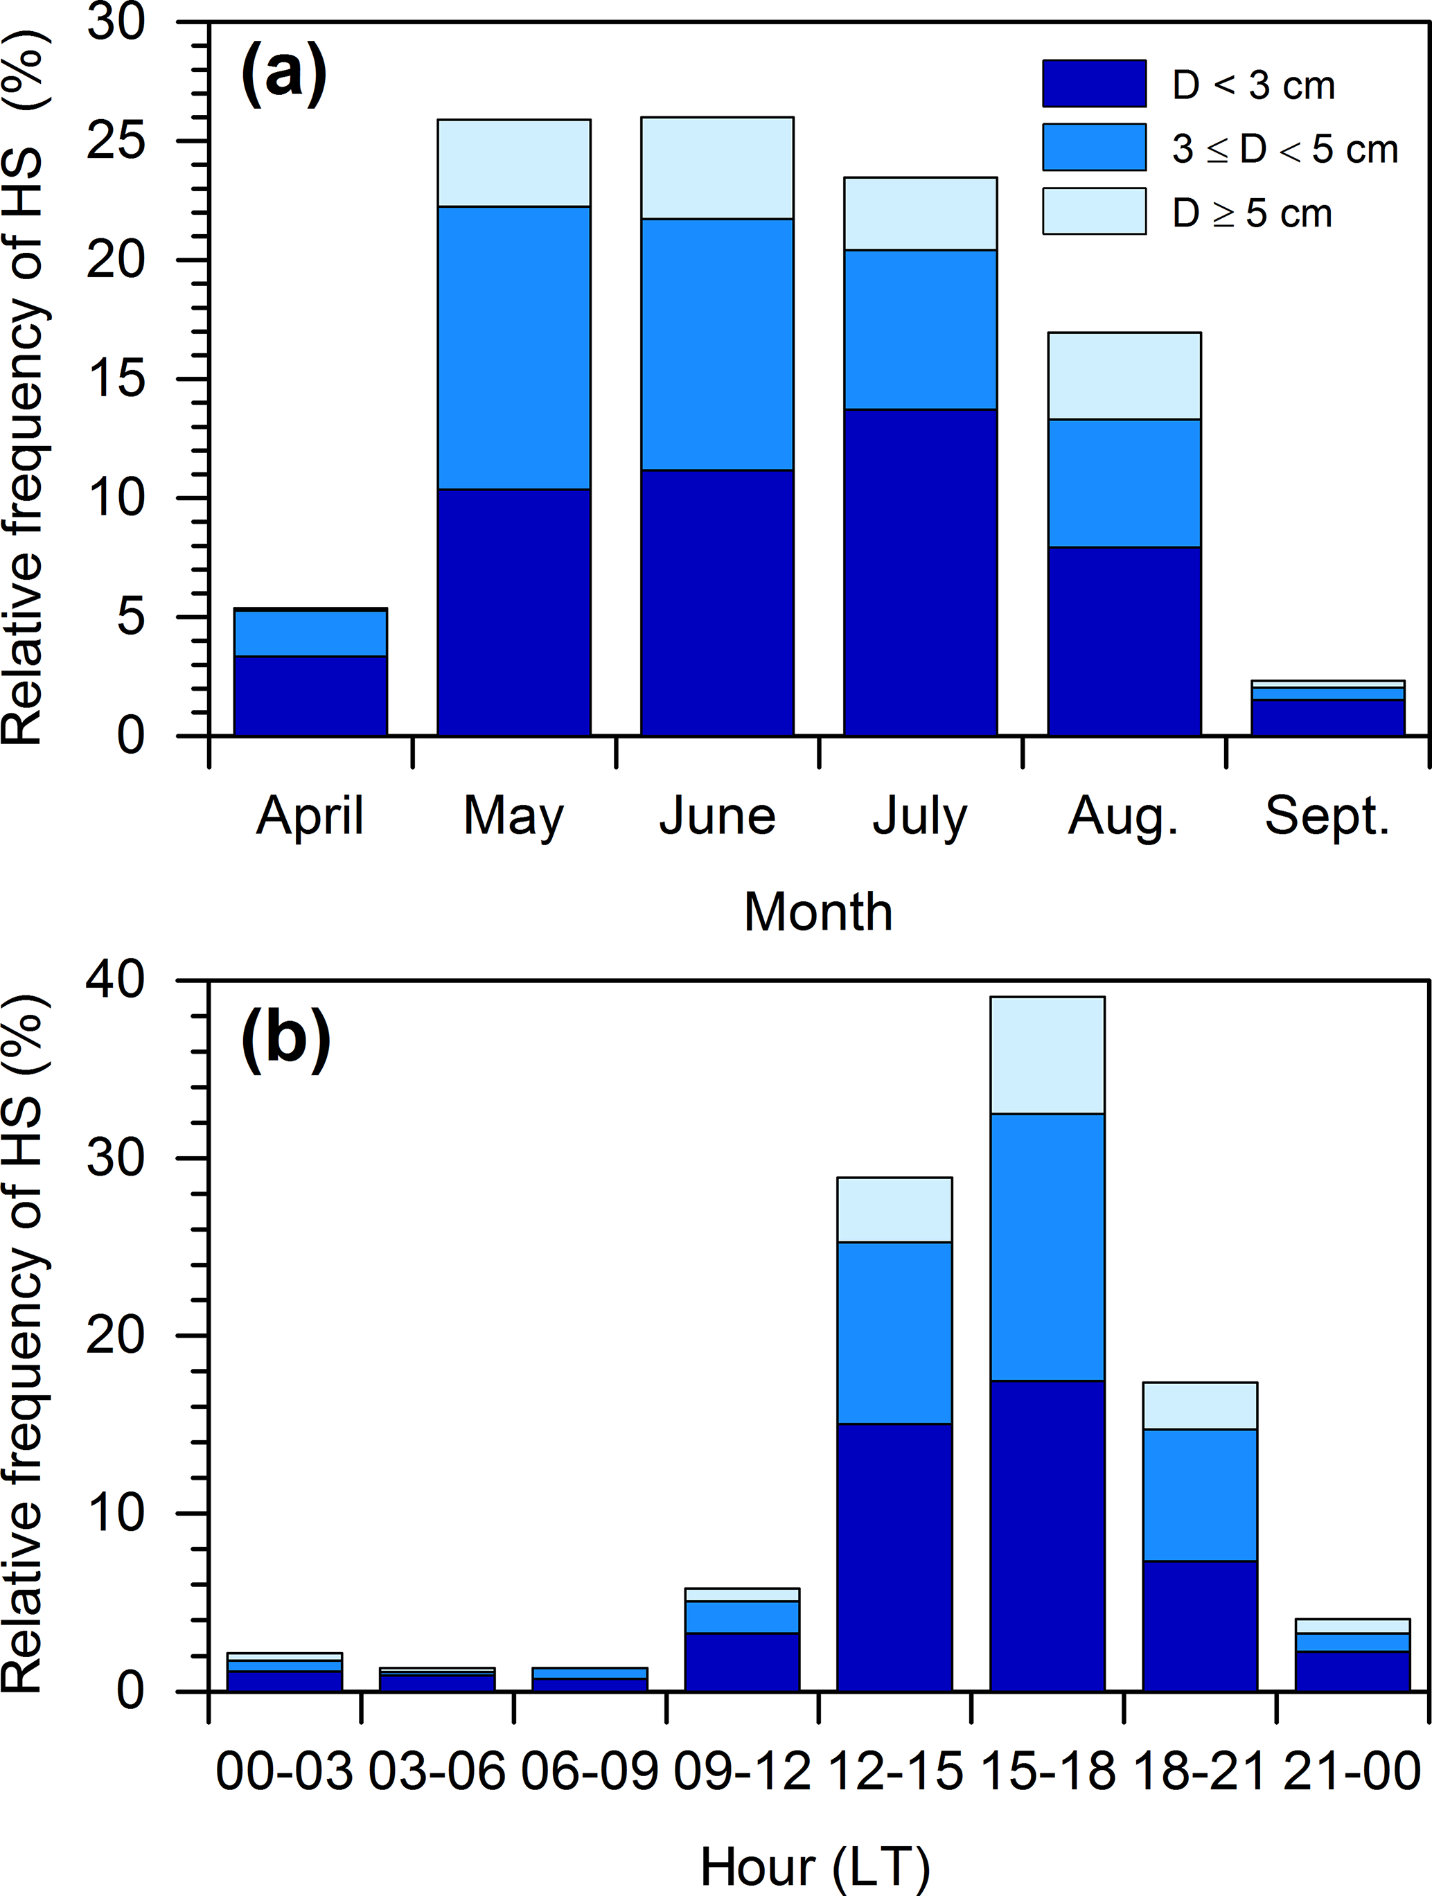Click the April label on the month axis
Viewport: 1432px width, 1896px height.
click(x=310, y=815)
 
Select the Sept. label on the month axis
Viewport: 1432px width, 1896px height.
click(x=1327, y=815)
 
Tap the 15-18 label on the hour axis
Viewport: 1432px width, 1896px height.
click(x=1048, y=1770)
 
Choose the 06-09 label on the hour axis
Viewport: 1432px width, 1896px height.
click(x=590, y=1770)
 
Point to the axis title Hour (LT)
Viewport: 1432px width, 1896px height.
click(x=814, y=1867)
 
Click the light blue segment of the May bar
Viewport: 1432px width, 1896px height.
click(x=513, y=163)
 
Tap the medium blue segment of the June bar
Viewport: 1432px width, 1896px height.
click(x=717, y=344)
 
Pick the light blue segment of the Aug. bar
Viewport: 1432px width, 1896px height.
click(x=1124, y=375)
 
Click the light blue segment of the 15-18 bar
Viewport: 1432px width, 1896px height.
click(x=1048, y=1054)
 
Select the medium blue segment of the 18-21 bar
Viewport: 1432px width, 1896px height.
click(x=1200, y=1495)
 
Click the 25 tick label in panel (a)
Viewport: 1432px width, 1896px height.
click(x=116, y=141)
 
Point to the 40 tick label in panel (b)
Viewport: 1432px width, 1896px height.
click(x=116, y=979)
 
